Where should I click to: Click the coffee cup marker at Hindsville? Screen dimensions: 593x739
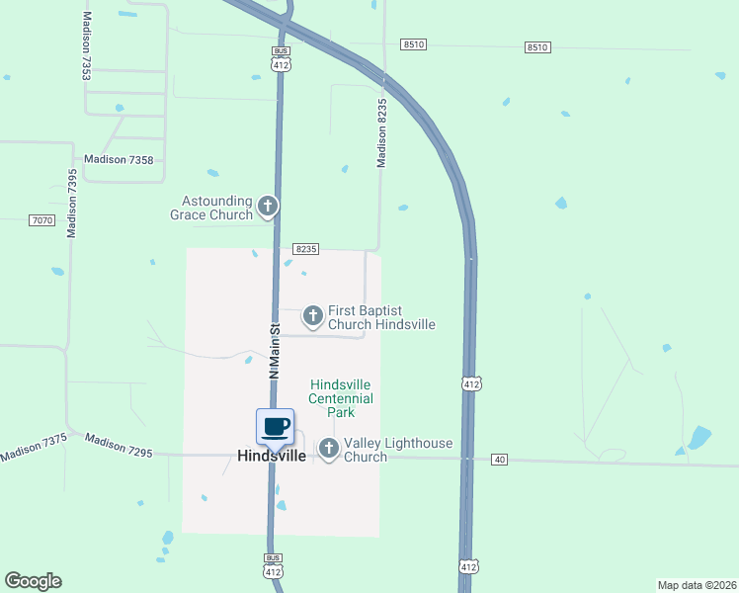pyautogui.click(x=276, y=427)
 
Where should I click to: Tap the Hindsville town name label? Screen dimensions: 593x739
pyautogui.click(x=272, y=456)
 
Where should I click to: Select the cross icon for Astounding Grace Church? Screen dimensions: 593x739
pyautogui.click(x=267, y=207)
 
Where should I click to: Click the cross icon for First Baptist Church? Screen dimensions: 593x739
pyautogui.click(x=312, y=316)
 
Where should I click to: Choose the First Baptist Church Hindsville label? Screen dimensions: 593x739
pyautogui.click(x=381, y=317)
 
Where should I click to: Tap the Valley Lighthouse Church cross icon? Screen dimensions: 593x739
pyautogui.click(x=328, y=450)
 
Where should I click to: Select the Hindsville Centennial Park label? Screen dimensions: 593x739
pyautogui.click(x=342, y=397)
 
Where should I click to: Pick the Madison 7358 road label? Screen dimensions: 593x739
pyautogui.click(x=119, y=159)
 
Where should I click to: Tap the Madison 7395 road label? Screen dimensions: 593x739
pyautogui.click(x=72, y=204)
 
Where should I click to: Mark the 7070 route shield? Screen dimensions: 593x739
pyautogui.click(x=41, y=220)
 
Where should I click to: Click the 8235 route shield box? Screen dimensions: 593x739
pyautogui.click(x=305, y=250)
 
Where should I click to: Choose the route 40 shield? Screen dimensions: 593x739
pyautogui.click(x=500, y=459)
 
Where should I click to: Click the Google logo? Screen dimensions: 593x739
pyautogui.click(x=33, y=581)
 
